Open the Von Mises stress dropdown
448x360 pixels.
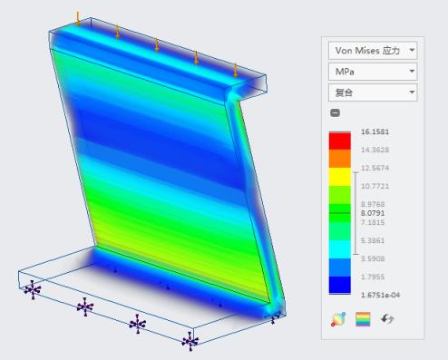pos(373,51)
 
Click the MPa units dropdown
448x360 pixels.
pos(373,72)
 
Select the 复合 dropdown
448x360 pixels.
pos(373,92)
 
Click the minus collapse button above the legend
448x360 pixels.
pos(335,112)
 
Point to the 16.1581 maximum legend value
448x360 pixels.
pos(375,131)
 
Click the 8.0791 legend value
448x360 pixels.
pos(373,213)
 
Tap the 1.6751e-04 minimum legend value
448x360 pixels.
pos(380,295)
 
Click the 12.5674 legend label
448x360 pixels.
pos(375,168)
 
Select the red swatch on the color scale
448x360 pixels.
pos(340,141)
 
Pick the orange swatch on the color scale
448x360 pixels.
pos(340,159)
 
